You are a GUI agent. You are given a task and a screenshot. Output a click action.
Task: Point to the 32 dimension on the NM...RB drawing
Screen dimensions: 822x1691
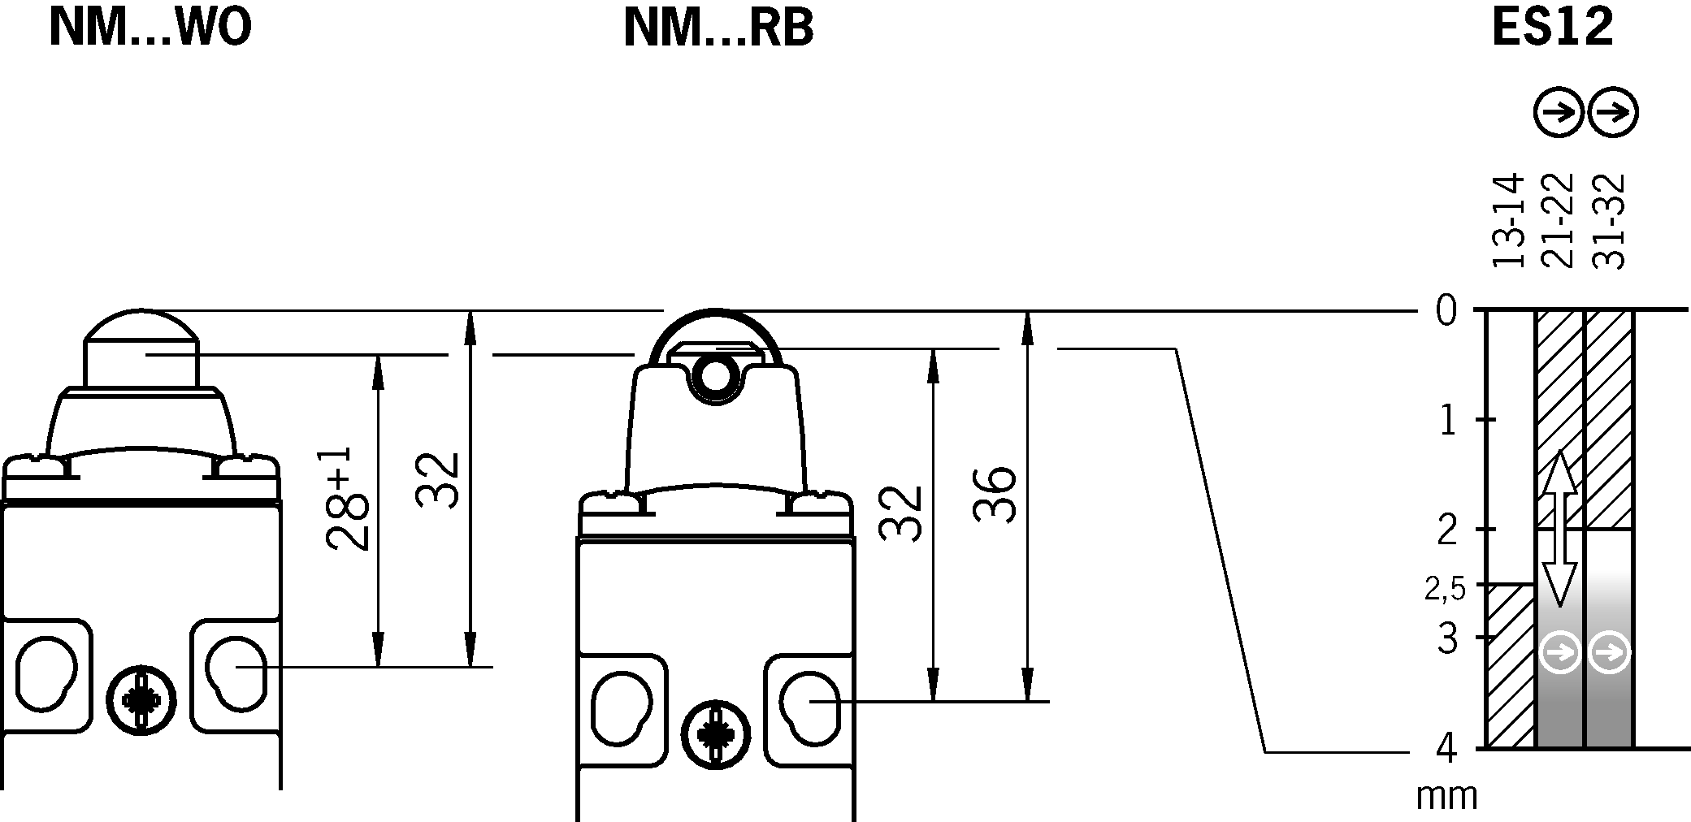click(x=901, y=513)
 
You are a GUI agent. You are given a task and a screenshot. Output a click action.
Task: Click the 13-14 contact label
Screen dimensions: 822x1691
click(x=1508, y=220)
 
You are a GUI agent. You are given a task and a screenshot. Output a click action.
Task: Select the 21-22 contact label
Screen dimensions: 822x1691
click(x=1558, y=220)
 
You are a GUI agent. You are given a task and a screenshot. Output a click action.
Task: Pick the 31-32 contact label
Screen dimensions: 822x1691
click(x=1608, y=220)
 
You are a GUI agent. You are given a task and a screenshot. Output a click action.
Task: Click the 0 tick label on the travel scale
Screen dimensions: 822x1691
click(x=1446, y=311)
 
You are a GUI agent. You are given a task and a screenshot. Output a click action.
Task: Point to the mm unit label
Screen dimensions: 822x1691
click(x=1446, y=797)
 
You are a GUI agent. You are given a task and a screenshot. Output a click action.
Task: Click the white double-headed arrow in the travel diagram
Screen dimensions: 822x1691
click(x=1559, y=528)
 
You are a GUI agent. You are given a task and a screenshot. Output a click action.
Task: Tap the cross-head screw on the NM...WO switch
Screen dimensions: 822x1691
click(x=142, y=699)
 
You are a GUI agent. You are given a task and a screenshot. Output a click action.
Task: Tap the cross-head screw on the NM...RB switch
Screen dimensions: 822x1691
click(x=714, y=733)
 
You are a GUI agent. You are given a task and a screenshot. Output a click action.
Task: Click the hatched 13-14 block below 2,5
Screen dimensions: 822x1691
click(x=1510, y=666)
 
